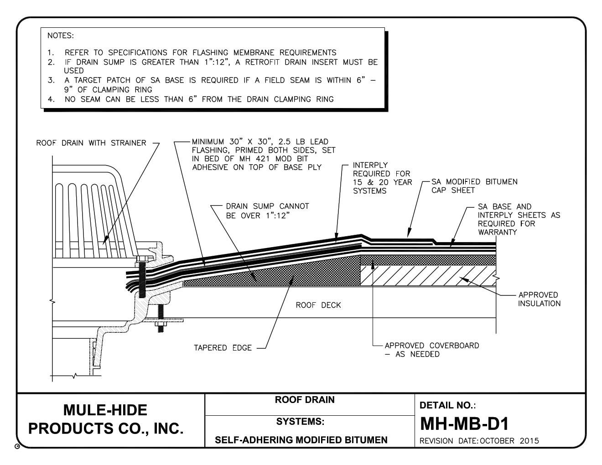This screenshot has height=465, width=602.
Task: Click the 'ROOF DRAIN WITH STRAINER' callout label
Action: pos(91,143)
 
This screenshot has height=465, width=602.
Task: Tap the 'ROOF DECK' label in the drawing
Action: pos(318,305)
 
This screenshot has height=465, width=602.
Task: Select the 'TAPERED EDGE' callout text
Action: pos(223,348)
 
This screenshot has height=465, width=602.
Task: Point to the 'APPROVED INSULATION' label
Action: pos(539,299)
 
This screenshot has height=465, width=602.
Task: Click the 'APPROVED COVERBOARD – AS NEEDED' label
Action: pos(431,350)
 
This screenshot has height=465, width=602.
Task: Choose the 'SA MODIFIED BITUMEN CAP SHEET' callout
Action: pos(474,186)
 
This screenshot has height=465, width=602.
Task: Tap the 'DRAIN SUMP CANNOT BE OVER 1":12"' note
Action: pos(267,211)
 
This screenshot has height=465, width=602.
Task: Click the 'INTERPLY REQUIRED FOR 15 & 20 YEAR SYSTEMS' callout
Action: pos(382,178)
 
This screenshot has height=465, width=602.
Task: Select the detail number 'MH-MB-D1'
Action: pos(464,424)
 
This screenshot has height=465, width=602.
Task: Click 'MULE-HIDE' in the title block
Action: pos(105,410)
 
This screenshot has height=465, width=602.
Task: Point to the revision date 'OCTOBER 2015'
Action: pos(509,441)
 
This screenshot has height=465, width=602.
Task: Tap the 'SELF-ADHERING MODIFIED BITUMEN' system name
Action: pos(301,440)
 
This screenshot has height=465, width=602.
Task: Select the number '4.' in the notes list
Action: pos(52,99)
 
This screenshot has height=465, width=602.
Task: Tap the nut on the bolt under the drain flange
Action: pos(161,324)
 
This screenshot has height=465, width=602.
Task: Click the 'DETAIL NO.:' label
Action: pos(441,405)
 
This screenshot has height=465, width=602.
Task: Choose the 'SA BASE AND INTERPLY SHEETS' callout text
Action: pos(519,219)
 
